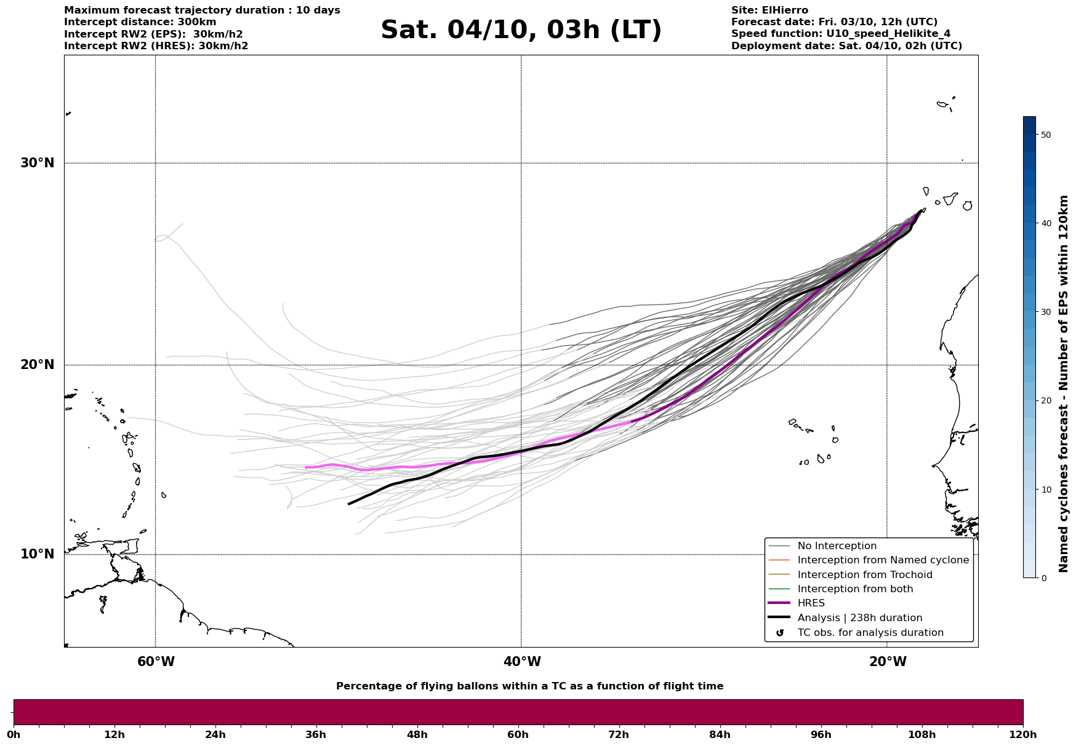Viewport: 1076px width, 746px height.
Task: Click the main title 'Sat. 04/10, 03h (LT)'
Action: coord(521,30)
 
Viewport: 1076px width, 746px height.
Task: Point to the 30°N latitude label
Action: coord(38,163)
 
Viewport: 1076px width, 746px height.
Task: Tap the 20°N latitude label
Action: coord(38,365)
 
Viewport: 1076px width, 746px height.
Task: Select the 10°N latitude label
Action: coord(38,554)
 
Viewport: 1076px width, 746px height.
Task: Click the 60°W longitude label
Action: coord(156,662)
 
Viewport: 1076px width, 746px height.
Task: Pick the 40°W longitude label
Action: coord(522,662)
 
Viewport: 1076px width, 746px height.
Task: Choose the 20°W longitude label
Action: coord(888,662)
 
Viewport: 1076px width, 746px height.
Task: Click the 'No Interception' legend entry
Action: coord(837,546)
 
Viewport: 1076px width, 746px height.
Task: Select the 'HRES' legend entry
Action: coord(811,603)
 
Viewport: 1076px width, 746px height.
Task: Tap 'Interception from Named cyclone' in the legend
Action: coord(883,560)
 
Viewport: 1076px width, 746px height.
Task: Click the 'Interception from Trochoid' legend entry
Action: coord(864,575)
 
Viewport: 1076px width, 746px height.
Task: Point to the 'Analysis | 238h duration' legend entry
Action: coord(859,618)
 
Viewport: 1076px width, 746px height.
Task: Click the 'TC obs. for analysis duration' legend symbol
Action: coord(780,633)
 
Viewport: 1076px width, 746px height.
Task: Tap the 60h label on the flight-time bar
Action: coord(518,734)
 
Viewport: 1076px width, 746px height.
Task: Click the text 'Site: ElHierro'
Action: coord(769,10)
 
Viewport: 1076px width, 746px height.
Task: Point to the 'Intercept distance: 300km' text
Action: coord(140,22)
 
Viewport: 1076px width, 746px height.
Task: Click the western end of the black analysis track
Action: coord(350,504)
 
